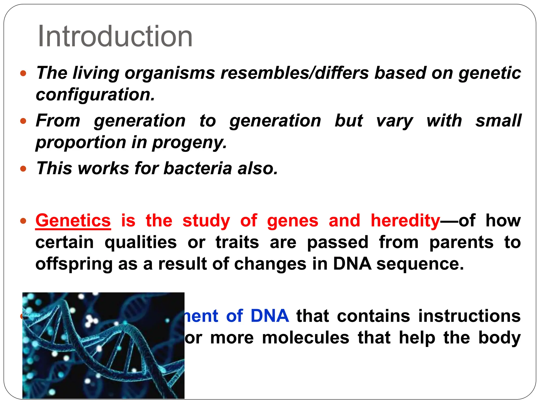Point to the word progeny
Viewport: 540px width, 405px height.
(x=189, y=143)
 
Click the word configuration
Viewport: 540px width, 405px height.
(x=95, y=95)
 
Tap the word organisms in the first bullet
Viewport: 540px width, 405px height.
(x=170, y=73)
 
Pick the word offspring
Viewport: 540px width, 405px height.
(x=74, y=264)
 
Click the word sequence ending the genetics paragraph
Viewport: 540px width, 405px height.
(x=420, y=264)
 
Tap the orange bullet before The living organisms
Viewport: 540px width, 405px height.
(x=23, y=73)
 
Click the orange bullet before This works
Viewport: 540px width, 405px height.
(x=23, y=168)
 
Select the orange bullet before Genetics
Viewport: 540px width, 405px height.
(x=23, y=221)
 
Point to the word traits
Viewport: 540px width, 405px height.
(x=237, y=242)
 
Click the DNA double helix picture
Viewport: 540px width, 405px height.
(x=103, y=345)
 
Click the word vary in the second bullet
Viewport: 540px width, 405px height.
(x=394, y=121)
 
